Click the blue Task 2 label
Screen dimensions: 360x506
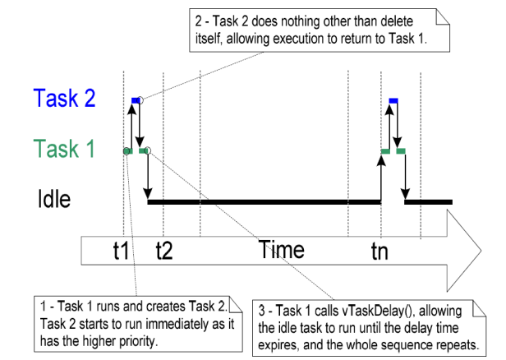[65, 99]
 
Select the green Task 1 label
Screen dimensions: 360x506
[66, 149]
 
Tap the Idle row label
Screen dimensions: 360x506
[54, 199]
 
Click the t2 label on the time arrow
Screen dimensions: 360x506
[164, 252]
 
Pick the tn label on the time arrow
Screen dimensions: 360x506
[380, 252]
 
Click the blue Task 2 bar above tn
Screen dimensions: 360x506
[393, 100]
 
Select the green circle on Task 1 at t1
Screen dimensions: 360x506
[126, 151]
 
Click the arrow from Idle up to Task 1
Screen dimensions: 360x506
[382, 177]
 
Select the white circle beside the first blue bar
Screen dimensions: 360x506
[140, 100]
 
